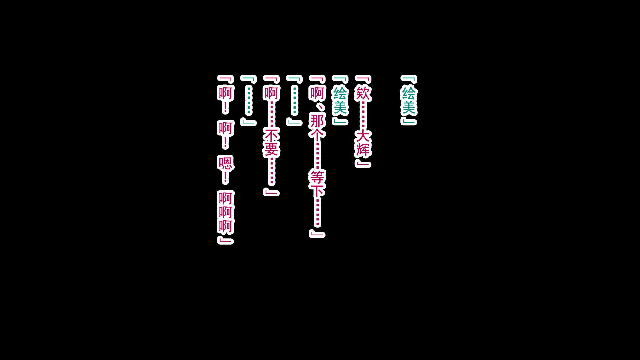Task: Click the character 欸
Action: (x=363, y=93)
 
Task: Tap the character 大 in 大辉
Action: (x=363, y=136)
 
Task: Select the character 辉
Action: (x=363, y=150)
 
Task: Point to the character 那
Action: (x=317, y=121)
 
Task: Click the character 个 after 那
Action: (x=317, y=135)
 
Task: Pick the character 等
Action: (x=317, y=178)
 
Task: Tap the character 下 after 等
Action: (x=317, y=192)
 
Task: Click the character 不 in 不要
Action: (x=271, y=136)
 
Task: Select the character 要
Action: (x=271, y=150)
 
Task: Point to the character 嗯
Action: (x=225, y=164)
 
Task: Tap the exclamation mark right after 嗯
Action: (x=225, y=178)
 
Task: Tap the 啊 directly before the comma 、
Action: (x=317, y=93)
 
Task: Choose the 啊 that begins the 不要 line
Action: (x=271, y=93)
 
